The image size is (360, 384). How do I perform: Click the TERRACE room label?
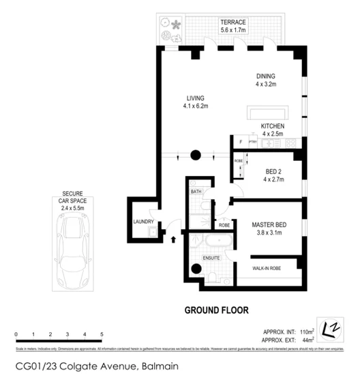pyautogui.click(x=232, y=23)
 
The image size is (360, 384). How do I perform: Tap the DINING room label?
pyautogui.click(x=266, y=76)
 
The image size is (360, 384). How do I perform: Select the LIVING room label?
pyautogui.click(x=195, y=98)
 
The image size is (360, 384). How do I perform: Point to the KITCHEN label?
pyautogui.click(x=273, y=127)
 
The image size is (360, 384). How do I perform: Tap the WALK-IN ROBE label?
pyautogui.click(x=266, y=269)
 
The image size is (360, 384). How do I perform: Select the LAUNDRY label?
pyautogui.click(x=143, y=222)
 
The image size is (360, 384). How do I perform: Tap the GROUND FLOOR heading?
pyautogui.click(x=217, y=310)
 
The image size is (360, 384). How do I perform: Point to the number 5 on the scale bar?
pyautogui.click(x=102, y=334)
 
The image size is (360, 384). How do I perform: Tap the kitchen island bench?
pyautogui.click(x=267, y=113)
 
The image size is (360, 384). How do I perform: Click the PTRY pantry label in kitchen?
pyautogui.click(x=252, y=143)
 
